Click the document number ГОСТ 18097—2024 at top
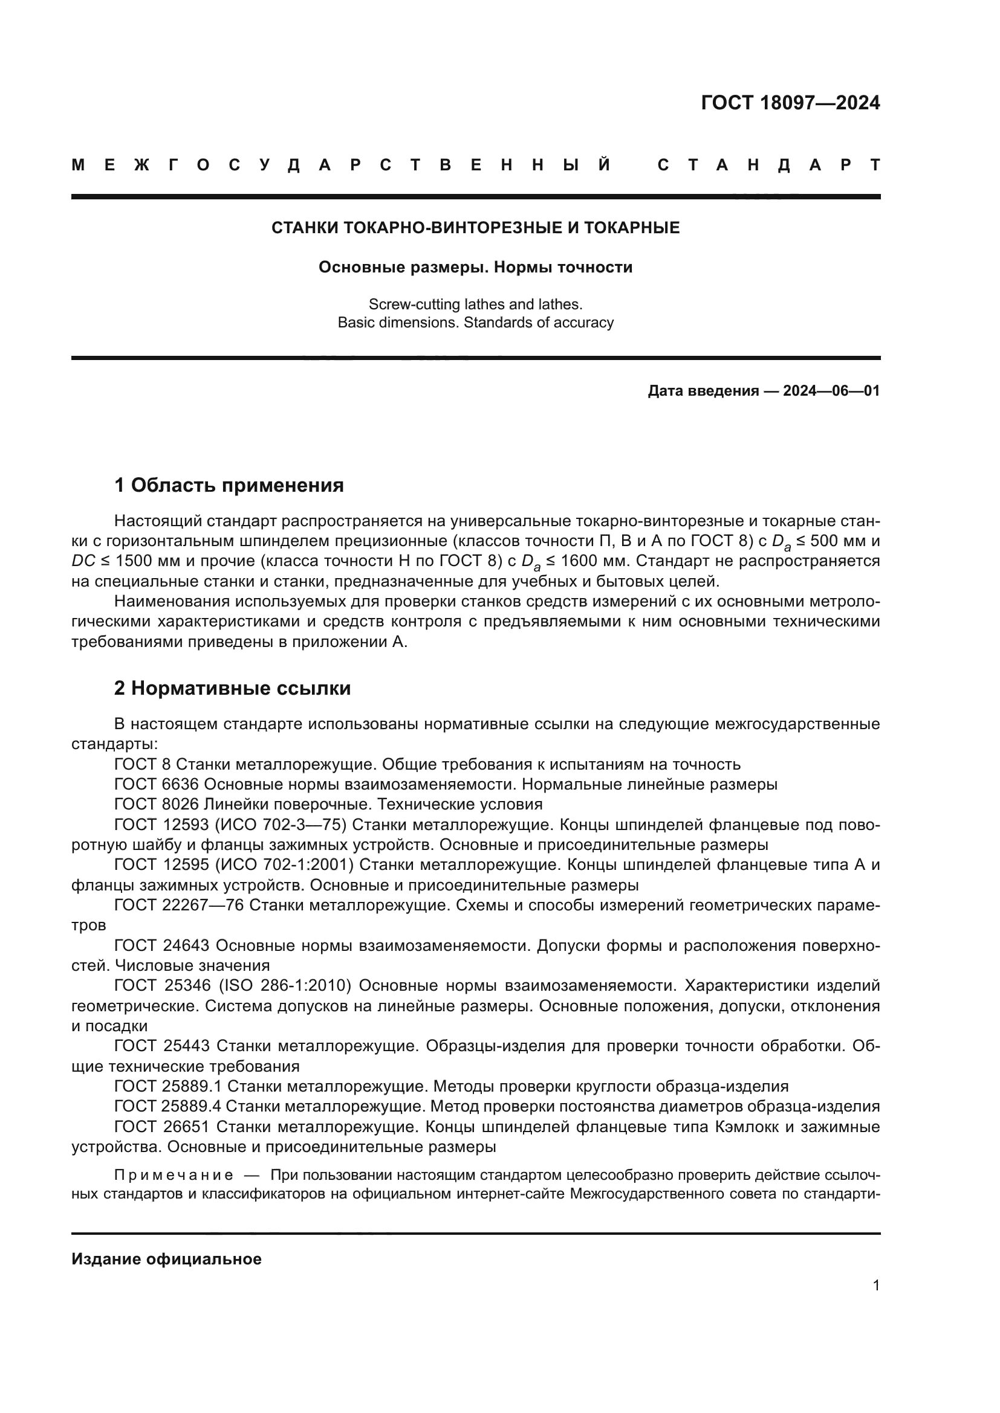790,103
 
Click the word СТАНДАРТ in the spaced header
768,165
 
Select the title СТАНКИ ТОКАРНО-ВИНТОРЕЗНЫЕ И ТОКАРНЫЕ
475,228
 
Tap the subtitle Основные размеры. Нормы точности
475,267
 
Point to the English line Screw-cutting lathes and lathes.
475,304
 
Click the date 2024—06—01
831,391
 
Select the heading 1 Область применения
229,486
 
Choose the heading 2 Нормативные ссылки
232,688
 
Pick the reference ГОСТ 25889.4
167,1107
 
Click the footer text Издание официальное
166,1259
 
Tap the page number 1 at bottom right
876,1285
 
